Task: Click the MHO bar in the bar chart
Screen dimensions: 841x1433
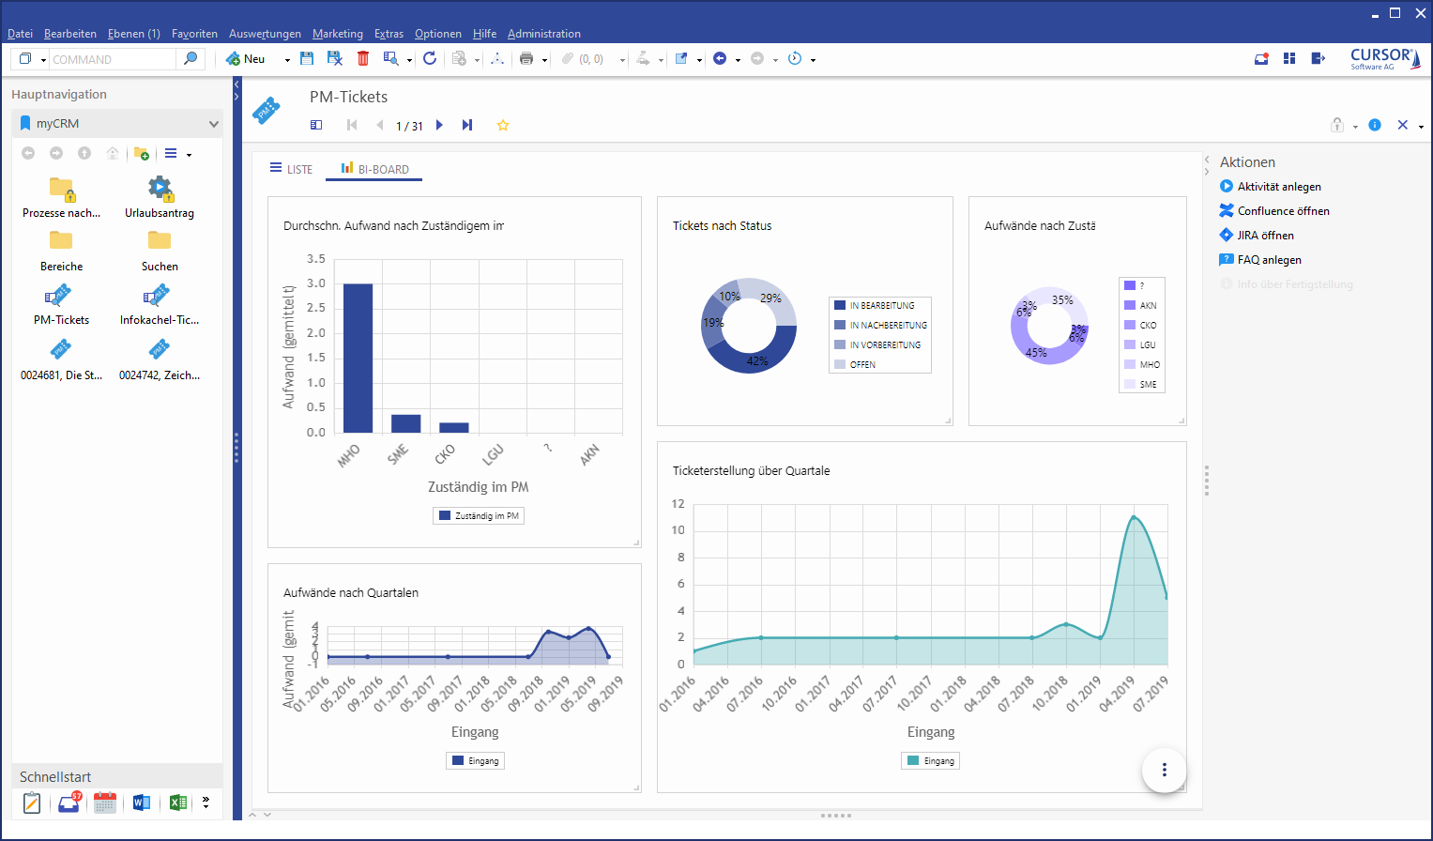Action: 358,358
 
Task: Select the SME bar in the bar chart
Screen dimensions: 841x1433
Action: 405,423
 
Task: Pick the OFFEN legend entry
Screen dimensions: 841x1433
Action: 861,365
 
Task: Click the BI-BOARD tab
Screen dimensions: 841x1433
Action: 374,170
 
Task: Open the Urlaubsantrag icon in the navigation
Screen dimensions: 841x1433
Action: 160,189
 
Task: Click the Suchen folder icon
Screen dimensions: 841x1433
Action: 160,241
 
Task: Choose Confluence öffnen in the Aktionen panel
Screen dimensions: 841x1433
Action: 1283,211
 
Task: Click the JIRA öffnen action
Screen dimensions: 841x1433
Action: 1265,236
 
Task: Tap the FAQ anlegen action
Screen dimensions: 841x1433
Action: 1269,260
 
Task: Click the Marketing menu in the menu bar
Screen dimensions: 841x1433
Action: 338,34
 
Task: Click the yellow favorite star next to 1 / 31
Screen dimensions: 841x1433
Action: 503,126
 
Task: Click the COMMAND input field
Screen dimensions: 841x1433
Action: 112,59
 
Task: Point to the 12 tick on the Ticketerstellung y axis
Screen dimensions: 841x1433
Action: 678,504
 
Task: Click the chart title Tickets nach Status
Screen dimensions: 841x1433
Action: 722,226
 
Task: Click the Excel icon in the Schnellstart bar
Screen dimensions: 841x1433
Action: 176,803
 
